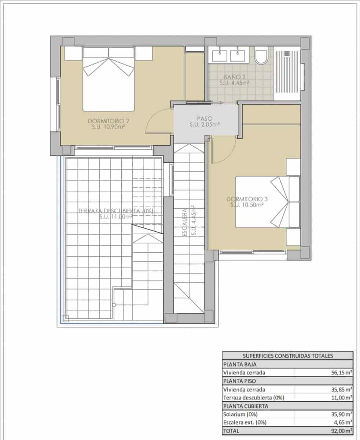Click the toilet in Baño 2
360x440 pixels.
click(261, 57)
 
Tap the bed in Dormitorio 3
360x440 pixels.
click(267, 202)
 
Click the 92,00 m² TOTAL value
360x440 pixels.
click(341, 431)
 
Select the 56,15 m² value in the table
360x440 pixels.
click(341, 373)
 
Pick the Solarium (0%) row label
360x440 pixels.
click(240, 414)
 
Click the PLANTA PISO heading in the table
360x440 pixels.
click(240, 381)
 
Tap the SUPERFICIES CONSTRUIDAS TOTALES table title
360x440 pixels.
click(287, 356)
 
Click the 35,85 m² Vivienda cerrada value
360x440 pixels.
click(341, 389)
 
